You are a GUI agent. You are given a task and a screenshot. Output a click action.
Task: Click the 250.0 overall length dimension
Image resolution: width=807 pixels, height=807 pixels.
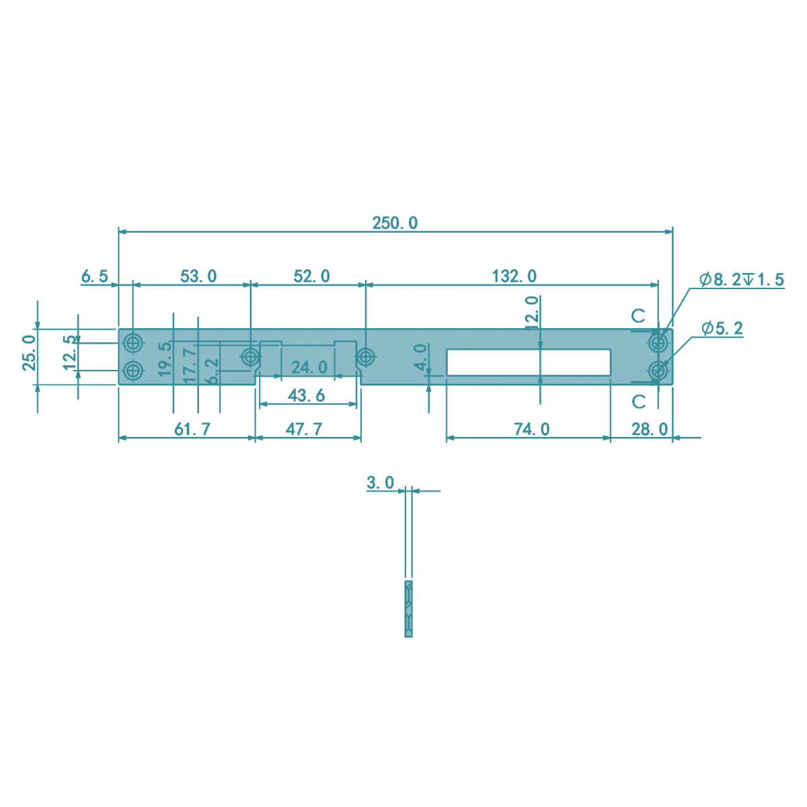pyautogui.click(x=395, y=223)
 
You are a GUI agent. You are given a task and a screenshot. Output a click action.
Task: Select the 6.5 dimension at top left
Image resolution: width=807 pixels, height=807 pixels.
pyautogui.click(x=94, y=276)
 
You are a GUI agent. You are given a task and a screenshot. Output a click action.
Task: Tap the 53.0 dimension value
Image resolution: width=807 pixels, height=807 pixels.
pyautogui.click(x=198, y=276)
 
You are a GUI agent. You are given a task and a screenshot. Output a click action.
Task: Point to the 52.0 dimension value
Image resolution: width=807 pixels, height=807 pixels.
pyautogui.click(x=311, y=276)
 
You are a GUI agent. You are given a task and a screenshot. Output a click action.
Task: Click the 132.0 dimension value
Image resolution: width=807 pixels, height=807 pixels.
pyautogui.click(x=514, y=276)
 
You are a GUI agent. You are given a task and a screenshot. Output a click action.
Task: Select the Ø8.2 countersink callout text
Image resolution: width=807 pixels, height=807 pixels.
pyautogui.click(x=741, y=280)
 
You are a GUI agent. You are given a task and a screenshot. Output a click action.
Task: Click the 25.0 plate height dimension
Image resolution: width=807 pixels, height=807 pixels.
pyautogui.click(x=29, y=352)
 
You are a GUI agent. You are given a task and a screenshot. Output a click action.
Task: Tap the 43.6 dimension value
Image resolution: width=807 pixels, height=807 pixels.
pyautogui.click(x=307, y=395)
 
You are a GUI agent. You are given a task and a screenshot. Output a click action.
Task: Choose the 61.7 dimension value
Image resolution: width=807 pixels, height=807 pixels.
pyautogui.click(x=192, y=429)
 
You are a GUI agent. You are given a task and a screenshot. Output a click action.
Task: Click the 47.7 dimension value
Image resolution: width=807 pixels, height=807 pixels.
pyautogui.click(x=304, y=429)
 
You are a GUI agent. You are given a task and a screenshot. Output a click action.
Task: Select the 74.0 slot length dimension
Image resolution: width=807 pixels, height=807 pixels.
pyautogui.click(x=531, y=429)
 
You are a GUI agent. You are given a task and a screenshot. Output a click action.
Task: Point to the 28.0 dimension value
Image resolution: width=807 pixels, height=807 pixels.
pyautogui.click(x=650, y=429)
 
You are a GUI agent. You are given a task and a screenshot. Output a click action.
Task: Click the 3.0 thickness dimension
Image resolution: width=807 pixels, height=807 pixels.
pyautogui.click(x=380, y=483)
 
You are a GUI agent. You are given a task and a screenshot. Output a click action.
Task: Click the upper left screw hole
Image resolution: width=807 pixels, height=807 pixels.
pyautogui.click(x=133, y=344)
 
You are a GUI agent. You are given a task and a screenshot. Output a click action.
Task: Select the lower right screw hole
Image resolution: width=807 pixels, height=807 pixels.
pyautogui.click(x=658, y=371)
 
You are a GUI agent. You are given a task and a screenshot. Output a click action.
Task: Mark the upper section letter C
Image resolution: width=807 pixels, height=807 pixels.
pyautogui.click(x=638, y=315)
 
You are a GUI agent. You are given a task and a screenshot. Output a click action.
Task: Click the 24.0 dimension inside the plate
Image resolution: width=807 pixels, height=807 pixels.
pyautogui.click(x=309, y=367)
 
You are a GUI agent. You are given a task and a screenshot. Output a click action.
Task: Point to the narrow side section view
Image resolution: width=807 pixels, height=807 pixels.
pyautogui.click(x=408, y=609)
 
